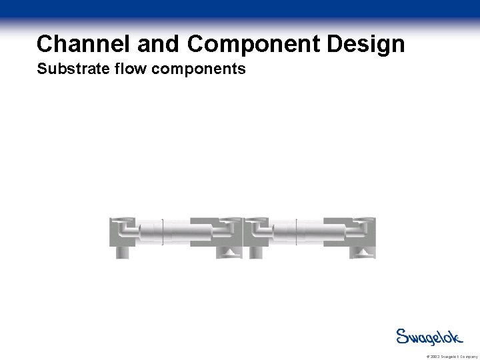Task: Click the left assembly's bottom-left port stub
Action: (123, 252)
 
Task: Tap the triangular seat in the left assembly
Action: (229, 252)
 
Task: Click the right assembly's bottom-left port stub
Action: (256, 252)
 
